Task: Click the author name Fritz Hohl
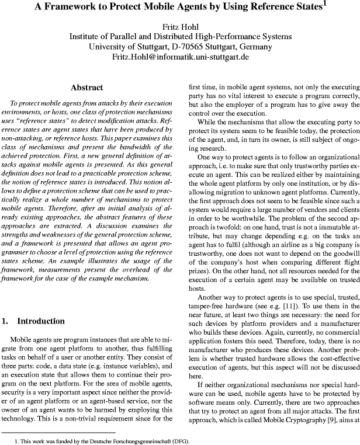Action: (180, 25)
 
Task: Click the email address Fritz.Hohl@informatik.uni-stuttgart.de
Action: (180, 57)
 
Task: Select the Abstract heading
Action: (86, 88)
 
